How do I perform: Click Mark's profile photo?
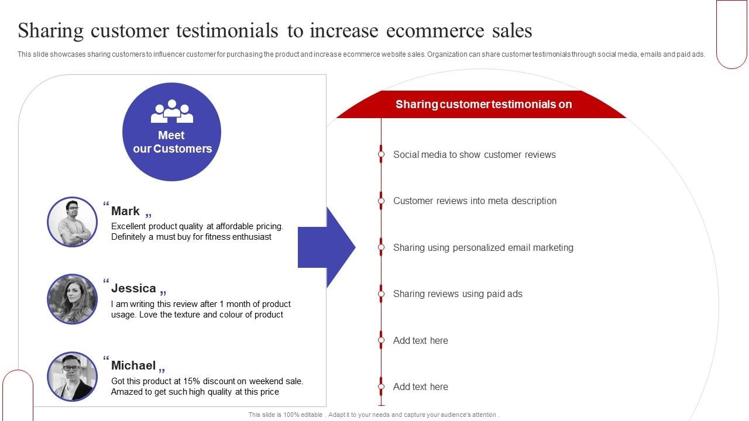[x=72, y=222]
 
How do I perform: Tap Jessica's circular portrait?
[x=72, y=299]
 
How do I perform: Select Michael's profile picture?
[x=72, y=376]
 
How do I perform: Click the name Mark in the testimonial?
[x=125, y=211]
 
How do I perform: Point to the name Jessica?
[x=133, y=288]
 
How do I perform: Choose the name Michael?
[x=133, y=365]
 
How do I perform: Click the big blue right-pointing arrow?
[x=327, y=247]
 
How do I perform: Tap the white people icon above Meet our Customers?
[x=172, y=111]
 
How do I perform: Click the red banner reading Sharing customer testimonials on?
[x=482, y=104]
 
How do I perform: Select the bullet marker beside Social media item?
[x=381, y=154]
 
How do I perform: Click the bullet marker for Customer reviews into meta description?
[x=381, y=201]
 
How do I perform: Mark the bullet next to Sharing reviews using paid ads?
[x=381, y=294]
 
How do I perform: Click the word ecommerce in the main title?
[x=435, y=31]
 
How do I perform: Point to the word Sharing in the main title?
[x=50, y=32]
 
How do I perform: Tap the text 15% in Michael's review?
[x=191, y=381]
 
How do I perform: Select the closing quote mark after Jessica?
[x=163, y=293]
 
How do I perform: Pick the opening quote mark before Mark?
[x=106, y=203]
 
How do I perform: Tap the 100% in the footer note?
[x=291, y=415]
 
